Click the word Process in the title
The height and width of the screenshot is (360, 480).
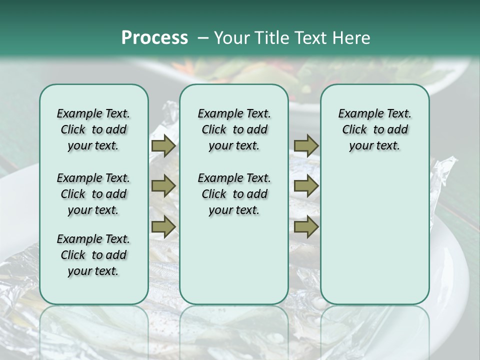tap(154, 38)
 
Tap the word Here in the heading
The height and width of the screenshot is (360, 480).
tap(352, 38)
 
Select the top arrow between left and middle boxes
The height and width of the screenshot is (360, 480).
tap(163, 146)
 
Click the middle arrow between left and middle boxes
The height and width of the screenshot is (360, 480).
tap(163, 186)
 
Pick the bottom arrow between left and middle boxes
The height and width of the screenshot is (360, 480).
tap(163, 226)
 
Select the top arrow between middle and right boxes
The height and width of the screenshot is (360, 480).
tap(306, 146)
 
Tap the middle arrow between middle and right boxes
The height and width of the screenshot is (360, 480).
tap(306, 186)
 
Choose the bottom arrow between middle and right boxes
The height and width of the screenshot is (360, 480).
tap(306, 226)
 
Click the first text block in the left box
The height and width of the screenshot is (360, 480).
tap(93, 129)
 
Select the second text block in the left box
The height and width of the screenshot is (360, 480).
tap(93, 194)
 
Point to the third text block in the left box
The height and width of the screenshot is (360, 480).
tap(93, 255)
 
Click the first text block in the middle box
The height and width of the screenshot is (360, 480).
tap(234, 129)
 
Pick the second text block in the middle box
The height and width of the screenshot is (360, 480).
tap(234, 194)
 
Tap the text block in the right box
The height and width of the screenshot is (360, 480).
tap(374, 129)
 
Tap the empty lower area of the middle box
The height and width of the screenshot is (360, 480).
tap(234, 260)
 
